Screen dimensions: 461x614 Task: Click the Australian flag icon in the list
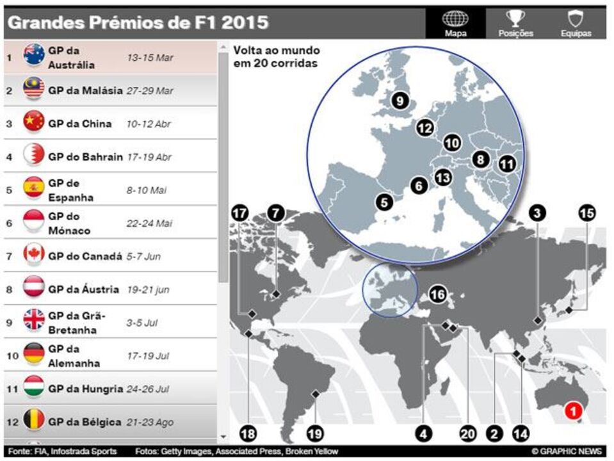click(34, 56)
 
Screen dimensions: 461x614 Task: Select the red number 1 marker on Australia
click(574, 411)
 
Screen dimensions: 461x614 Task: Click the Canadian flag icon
click(34, 255)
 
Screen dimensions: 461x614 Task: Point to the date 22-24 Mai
click(149, 223)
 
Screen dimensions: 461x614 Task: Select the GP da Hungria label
click(85, 389)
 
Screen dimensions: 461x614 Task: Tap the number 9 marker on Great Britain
click(400, 101)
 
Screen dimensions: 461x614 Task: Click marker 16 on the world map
click(437, 294)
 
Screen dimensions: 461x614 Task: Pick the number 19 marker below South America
click(314, 433)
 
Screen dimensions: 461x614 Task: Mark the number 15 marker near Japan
click(586, 213)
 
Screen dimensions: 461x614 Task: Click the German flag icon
click(34, 353)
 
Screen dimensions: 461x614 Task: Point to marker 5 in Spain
click(384, 202)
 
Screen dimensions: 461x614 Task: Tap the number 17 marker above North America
click(240, 213)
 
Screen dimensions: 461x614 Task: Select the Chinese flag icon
click(34, 122)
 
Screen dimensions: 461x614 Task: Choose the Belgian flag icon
click(34, 421)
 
